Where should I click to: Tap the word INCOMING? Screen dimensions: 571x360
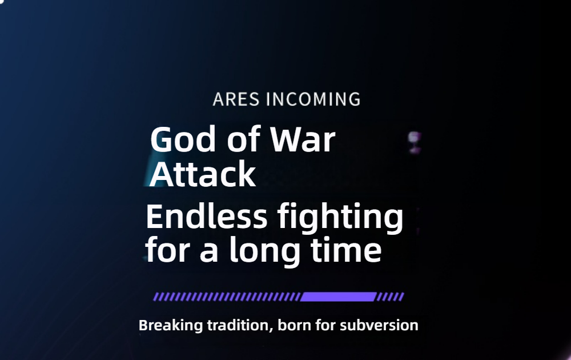click(313, 99)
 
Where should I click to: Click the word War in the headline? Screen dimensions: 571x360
click(303, 139)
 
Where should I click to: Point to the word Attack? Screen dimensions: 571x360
click(203, 174)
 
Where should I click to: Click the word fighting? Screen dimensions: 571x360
click(340, 218)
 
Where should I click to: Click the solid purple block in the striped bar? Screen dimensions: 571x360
click(338, 297)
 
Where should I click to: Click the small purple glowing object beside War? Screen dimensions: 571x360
click(414, 142)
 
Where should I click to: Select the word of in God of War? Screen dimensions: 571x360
click(243, 139)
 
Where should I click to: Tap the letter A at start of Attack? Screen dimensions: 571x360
click(161, 174)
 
